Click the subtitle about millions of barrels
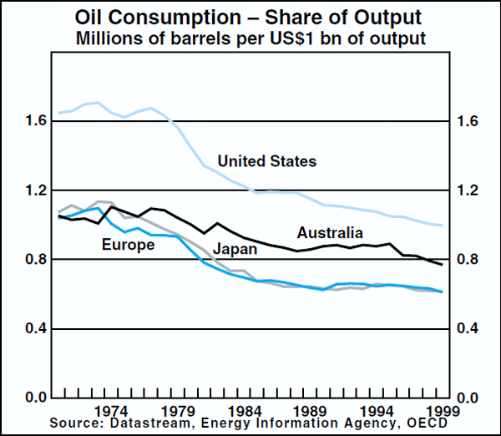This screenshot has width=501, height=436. point(250,38)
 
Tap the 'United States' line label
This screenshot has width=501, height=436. point(266,161)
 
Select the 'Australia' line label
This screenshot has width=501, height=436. point(330,232)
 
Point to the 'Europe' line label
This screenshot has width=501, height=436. point(128,245)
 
